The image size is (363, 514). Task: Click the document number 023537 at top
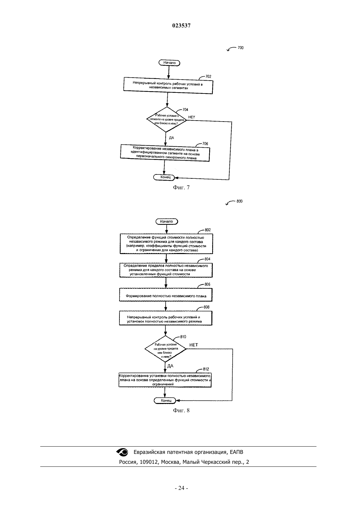181,25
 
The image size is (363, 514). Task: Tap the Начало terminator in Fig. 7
169,63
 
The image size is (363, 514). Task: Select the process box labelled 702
168,86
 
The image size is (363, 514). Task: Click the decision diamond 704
167,120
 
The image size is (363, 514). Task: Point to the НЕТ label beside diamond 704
192,117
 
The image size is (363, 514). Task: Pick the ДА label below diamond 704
171,138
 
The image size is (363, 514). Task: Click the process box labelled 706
165,153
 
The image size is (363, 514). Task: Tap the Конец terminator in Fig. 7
164,177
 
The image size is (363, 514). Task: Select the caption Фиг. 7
181,188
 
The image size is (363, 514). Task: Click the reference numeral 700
241,48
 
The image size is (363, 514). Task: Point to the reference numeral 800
240,201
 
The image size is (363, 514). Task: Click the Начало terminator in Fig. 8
167,221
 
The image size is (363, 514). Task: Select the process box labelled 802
166,244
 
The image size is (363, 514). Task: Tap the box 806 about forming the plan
166,295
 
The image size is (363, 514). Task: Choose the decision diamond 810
165,349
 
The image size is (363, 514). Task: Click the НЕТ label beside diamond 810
194,345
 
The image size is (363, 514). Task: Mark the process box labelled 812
165,380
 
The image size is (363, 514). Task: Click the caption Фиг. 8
181,410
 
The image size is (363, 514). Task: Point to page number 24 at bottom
181,488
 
